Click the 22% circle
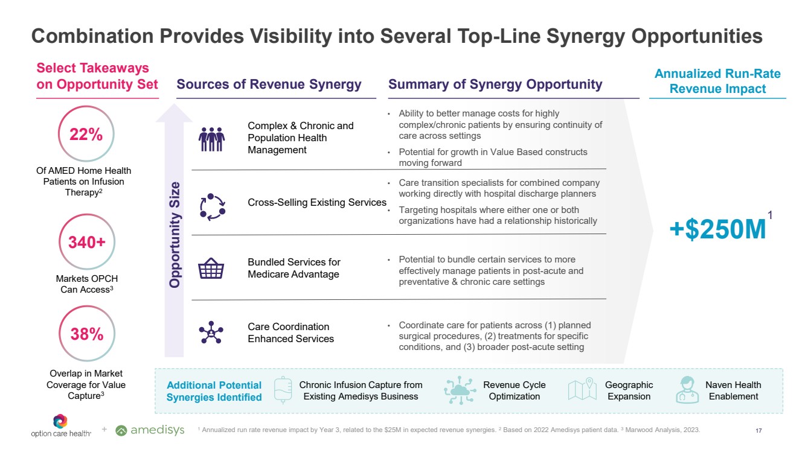click(x=86, y=135)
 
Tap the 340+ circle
click(x=86, y=243)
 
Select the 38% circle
click(x=86, y=334)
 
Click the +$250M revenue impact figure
click(x=717, y=230)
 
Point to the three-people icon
click(x=211, y=138)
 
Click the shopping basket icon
click(x=211, y=269)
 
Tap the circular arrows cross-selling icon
click(x=212, y=206)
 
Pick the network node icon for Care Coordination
click(x=211, y=332)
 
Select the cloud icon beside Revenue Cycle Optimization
click(x=460, y=390)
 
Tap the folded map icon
click(x=582, y=390)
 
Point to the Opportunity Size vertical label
click(x=175, y=234)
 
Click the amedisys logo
click(x=150, y=430)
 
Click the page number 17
click(x=758, y=430)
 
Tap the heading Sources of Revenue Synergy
click(x=269, y=84)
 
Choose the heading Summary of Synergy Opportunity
click(x=495, y=84)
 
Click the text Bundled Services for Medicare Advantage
click(x=294, y=268)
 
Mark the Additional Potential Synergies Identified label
click(x=214, y=391)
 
